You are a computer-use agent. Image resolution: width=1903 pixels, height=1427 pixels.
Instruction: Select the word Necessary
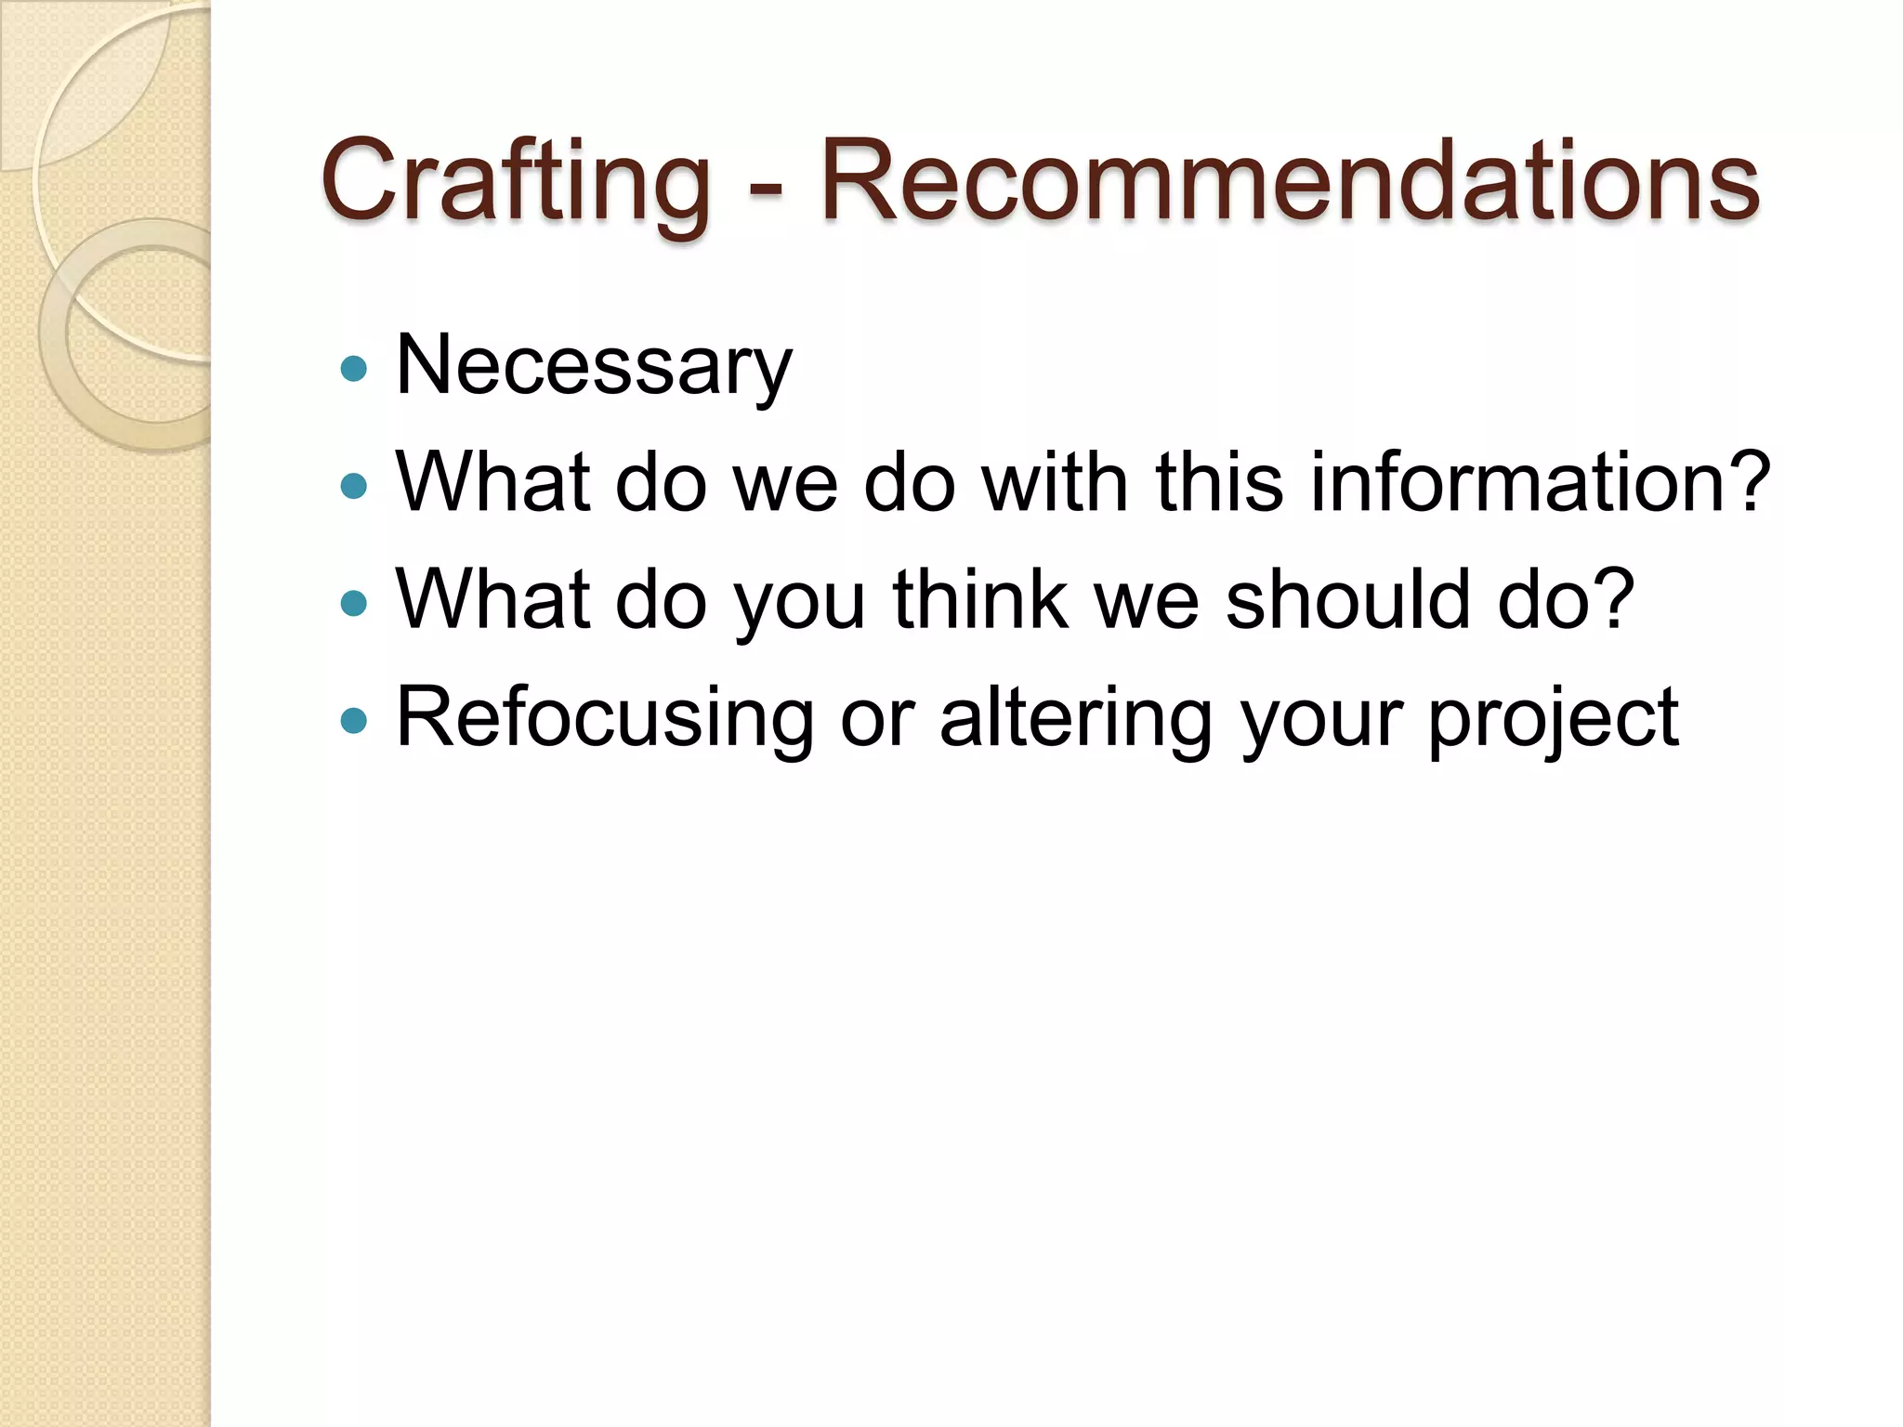(x=594, y=366)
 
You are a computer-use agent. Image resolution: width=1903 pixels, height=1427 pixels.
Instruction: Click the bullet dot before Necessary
(x=354, y=370)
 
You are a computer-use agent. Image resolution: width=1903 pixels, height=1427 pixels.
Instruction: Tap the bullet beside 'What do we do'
(x=354, y=486)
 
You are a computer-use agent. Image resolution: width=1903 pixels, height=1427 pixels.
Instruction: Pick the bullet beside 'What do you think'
(x=354, y=604)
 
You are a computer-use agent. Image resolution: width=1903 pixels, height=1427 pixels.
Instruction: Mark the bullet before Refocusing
(x=354, y=720)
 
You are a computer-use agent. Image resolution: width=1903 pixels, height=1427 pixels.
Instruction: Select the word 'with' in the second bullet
(x=1055, y=482)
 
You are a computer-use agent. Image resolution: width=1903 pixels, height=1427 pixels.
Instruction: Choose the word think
(x=979, y=599)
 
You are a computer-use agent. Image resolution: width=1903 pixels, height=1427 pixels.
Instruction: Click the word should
(x=1347, y=599)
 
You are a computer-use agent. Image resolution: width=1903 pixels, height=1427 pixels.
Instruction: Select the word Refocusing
(x=605, y=717)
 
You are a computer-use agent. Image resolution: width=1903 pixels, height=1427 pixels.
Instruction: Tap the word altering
(x=1076, y=717)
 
